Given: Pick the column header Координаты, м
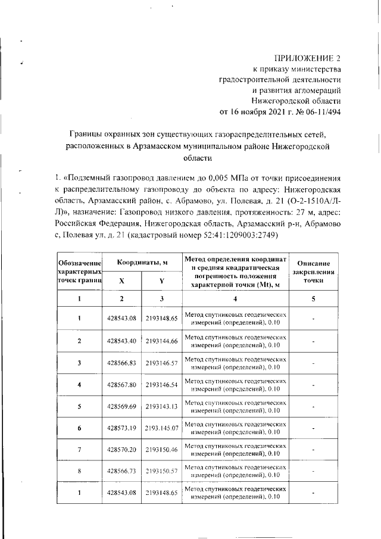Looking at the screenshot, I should pyautogui.click(x=141, y=263).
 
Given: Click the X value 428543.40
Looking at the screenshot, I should pyautogui.click(x=122, y=341).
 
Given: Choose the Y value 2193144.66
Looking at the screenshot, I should pyautogui.click(x=161, y=341).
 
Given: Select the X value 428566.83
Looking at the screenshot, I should pyautogui.click(x=122, y=363).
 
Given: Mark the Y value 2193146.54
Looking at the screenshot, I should pyautogui.click(x=161, y=385).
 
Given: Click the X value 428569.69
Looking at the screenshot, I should pyautogui.click(x=122, y=406).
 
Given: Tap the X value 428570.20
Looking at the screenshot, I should pyautogui.click(x=122, y=450).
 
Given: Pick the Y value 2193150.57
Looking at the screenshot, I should pyautogui.click(x=161, y=471).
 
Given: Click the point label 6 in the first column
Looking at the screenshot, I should pyautogui.click(x=79, y=428).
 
